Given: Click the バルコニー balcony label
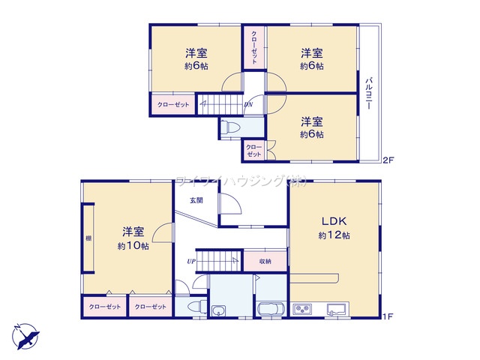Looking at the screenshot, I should point(370,94).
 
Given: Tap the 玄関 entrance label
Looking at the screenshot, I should point(196,200).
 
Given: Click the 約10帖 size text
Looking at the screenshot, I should point(133,245).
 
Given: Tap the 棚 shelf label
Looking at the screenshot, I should point(88,238).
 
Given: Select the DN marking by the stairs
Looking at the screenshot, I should point(248,104).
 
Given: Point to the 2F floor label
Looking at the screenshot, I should point(388,160).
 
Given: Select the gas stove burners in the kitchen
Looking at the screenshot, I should point(303,309).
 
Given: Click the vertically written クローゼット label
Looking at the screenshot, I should point(254,46).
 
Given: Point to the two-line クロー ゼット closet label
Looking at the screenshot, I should point(253,150).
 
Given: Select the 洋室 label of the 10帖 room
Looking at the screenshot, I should point(133,231).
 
